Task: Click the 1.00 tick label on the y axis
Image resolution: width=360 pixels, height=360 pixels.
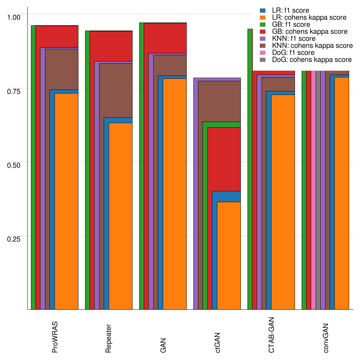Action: click(x=14, y=17)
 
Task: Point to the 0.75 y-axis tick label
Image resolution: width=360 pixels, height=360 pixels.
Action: click(x=14, y=91)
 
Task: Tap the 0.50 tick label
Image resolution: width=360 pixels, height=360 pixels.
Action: click(x=14, y=165)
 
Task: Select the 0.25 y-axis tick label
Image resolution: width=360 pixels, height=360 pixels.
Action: click(x=14, y=238)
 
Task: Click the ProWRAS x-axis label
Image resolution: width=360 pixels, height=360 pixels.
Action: click(x=55, y=337)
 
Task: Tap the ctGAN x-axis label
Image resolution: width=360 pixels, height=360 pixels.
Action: click(x=218, y=342)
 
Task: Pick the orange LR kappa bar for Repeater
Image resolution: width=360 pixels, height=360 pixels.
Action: click(x=120, y=216)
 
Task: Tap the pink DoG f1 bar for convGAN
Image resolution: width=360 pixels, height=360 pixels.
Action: click(x=313, y=190)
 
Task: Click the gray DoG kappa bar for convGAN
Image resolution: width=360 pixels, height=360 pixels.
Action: click(x=318, y=190)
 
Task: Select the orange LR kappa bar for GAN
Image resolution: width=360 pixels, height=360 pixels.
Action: click(x=174, y=194)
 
